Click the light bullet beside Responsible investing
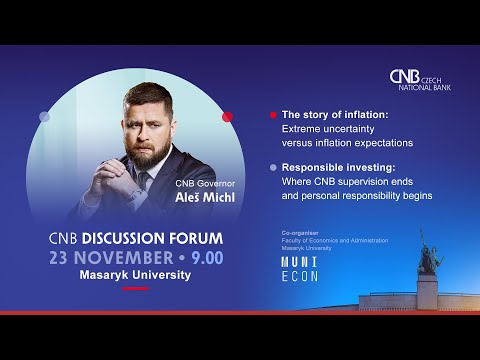point(273,170)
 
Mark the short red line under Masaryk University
point(136,288)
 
